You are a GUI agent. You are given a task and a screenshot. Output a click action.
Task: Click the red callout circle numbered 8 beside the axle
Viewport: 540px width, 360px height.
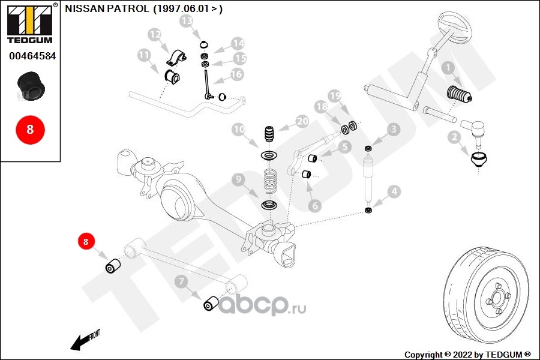click(x=86, y=242)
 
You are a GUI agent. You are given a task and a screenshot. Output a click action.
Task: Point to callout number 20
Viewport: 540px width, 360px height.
click(x=302, y=122)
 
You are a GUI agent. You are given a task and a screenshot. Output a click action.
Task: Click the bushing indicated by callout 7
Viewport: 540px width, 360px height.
click(x=211, y=304)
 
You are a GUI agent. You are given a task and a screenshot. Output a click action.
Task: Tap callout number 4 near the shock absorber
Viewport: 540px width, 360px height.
click(x=394, y=192)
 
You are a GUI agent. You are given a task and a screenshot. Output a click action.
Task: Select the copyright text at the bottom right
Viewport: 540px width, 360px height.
click(x=467, y=355)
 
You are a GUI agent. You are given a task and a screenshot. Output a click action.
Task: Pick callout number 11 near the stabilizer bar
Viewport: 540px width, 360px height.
click(x=143, y=56)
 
